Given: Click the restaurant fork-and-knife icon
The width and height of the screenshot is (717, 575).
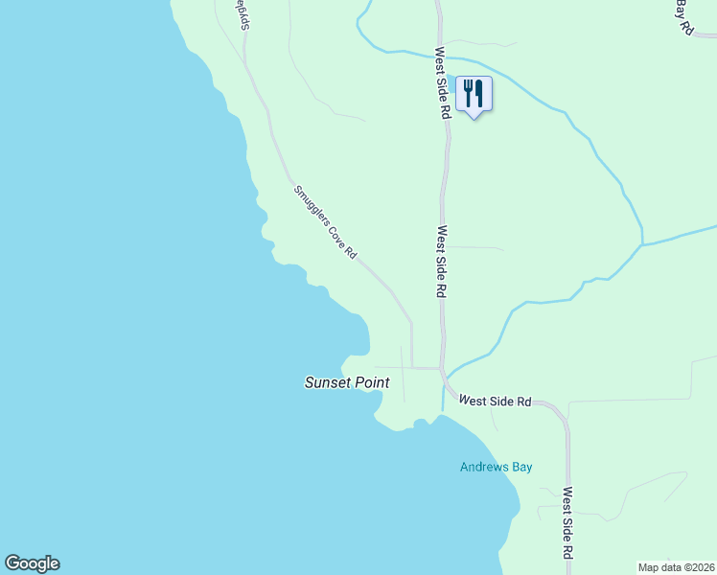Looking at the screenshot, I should (474, 94).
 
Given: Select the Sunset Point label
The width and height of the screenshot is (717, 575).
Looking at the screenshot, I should (347, 382).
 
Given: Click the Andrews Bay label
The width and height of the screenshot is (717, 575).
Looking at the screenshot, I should (496, 468).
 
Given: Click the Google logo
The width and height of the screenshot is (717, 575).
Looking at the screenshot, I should (32, 563).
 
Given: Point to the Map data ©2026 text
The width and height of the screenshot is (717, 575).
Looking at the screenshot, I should (676, 567).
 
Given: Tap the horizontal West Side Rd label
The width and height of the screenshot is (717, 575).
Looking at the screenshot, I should (495, 401).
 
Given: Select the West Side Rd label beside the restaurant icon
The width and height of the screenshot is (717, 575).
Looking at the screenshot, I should (443, 83).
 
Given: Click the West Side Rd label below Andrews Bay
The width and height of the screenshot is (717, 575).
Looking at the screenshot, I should (567, 523).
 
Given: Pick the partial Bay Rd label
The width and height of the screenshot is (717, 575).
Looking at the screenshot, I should (683, 17).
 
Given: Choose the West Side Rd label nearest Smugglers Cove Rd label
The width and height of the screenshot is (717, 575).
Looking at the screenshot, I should (442, 261).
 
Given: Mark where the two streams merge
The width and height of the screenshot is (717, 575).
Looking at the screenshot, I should (641, 244).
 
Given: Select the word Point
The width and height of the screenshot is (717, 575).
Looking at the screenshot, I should (371, 382).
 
